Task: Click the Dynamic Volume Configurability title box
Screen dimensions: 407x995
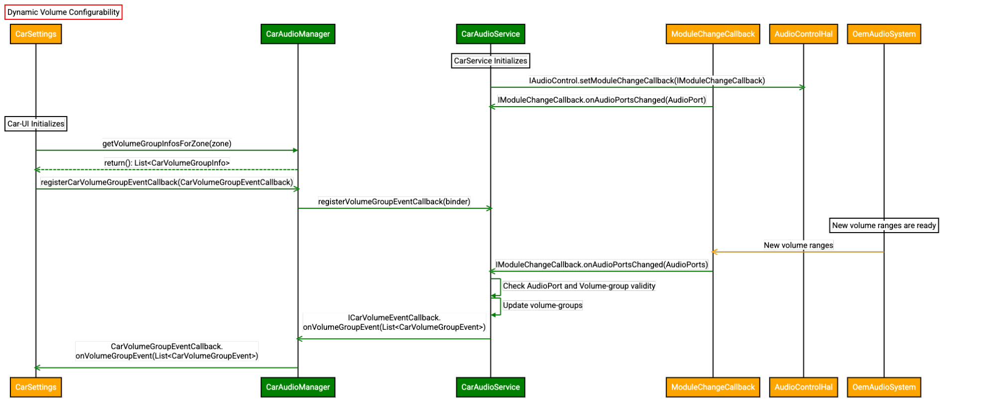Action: (63, 12)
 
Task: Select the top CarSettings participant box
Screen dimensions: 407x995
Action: (36, 34)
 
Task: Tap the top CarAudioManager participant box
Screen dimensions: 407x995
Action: (298, 34)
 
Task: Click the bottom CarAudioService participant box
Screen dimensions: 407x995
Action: (490, 387)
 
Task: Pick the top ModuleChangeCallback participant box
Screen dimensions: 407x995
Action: (713, 34)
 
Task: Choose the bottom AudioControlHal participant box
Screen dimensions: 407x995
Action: (803, 387)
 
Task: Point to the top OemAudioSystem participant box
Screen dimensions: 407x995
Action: (884, 34)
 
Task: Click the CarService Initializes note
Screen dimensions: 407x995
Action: (490, 61)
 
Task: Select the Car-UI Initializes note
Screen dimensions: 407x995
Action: (36, 124)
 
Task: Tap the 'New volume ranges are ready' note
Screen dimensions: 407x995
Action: (884, 225)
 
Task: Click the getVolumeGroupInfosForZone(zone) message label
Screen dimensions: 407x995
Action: (167, 143)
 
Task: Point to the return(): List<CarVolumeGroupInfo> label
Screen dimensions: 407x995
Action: (167, 163)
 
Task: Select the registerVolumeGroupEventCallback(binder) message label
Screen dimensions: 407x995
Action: (394, 201)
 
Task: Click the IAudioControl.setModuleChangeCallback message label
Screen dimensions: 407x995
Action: (647, 80)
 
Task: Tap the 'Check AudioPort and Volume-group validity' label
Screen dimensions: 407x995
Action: (579, 286)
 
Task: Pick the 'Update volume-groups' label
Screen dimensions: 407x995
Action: (543, 305)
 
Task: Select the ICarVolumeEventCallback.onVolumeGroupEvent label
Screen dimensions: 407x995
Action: (394, 322)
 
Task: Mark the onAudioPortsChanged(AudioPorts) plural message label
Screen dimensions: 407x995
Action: (601, 265)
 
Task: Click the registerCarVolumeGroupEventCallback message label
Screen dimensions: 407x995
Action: (167, 182)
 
